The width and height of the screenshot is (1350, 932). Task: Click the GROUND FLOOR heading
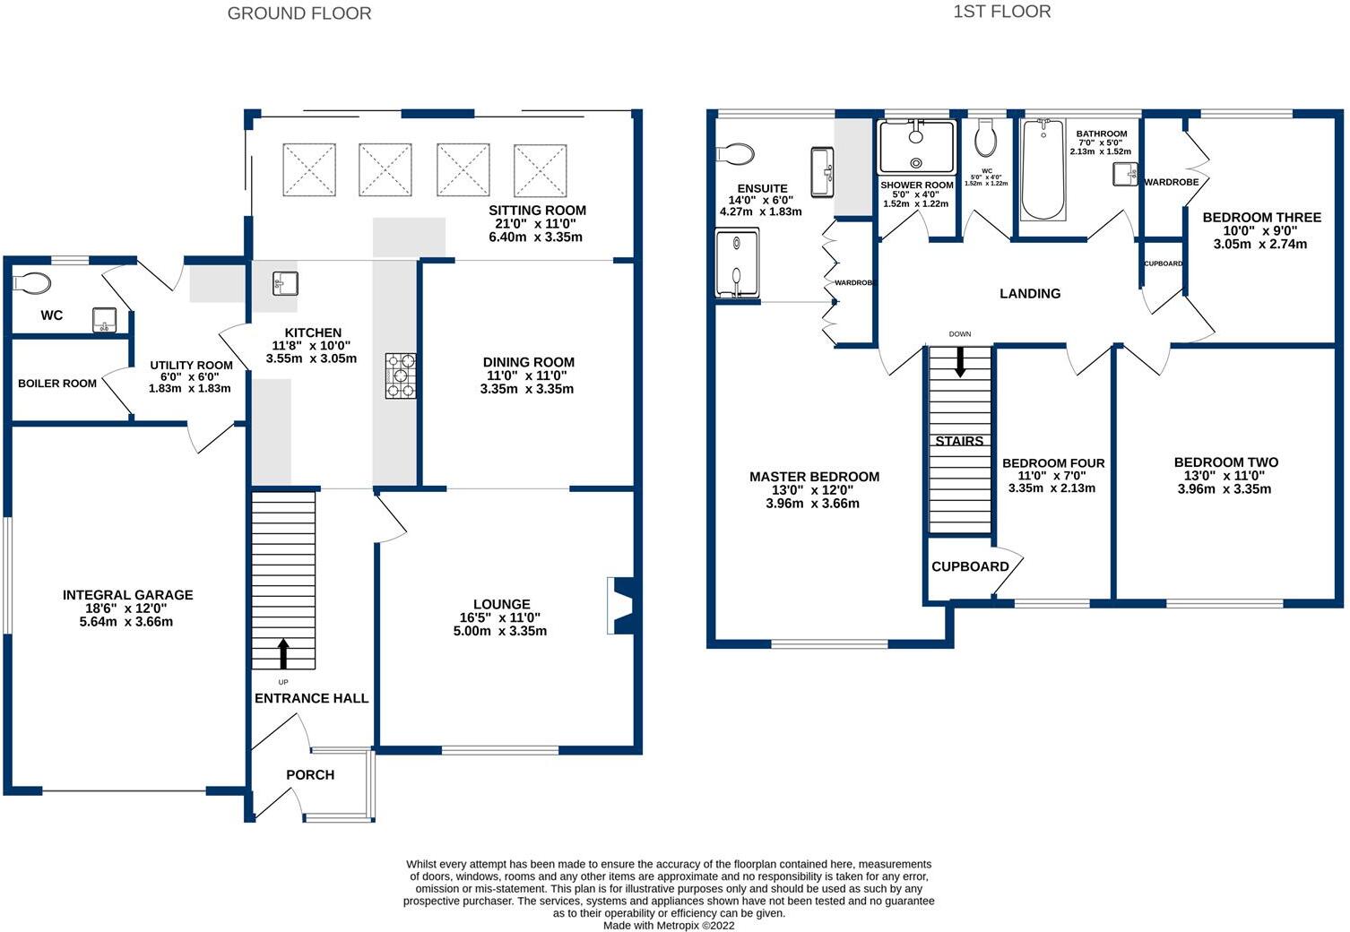(299, 13)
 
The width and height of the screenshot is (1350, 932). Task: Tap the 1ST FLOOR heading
(1001, 12)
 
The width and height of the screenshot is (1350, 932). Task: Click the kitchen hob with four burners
(401, 375)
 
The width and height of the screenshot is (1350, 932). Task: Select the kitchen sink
(285, 283)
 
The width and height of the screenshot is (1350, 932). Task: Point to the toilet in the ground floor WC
(31, 282)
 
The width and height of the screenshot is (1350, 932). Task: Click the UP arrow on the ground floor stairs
(283, 653)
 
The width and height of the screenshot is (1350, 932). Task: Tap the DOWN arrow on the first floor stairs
(960, 362)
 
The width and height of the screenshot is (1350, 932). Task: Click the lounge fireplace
(620, 606)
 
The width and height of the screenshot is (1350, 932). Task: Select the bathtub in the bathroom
(1043, 169)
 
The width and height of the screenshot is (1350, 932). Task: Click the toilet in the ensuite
(735, 153)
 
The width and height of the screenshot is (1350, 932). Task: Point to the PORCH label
(310, 775)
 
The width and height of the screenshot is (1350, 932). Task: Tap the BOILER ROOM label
(57, 384)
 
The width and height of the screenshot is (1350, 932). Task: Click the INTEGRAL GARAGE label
(128, 595)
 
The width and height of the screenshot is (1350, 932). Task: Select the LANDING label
(1030, 293)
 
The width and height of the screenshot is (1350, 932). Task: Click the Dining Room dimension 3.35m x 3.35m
(527, 389)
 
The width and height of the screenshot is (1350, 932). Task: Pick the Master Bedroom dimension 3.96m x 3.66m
(812, 504)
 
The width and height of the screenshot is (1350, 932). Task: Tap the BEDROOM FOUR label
(1053, 462)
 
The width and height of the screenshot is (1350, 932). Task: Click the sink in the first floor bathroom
(1125, 174)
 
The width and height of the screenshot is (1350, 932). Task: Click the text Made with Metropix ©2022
(669, 926)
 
